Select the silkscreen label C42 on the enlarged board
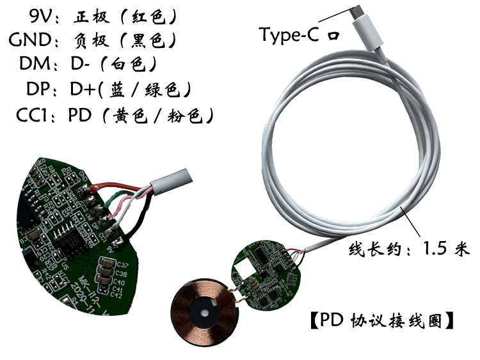pyautogui.click(x=116, y=295)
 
